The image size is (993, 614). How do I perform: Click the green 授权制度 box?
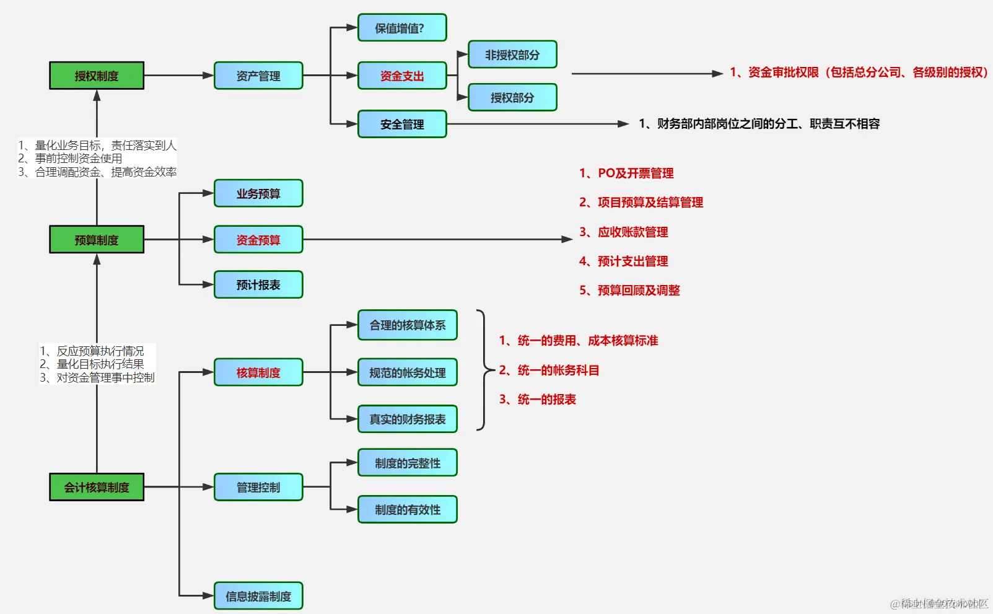(97, 76)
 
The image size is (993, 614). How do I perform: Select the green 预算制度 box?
(97, 239)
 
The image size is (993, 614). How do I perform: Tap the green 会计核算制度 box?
(97, 487)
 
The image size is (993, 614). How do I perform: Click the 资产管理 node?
(258, 76)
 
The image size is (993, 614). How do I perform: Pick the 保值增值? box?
(401, 28)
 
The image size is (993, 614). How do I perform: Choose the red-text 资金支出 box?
(401, 76)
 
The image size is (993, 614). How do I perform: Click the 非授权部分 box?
(512, 55)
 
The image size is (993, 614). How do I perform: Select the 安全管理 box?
(401, 124)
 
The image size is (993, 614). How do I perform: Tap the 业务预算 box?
(258, 193)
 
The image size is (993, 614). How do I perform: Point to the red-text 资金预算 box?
(258, 240)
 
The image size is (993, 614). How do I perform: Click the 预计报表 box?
(258, 285)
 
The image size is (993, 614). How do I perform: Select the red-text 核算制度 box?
(258, 372)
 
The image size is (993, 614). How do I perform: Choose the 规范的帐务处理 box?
(407, 372)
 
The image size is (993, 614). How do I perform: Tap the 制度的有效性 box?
(407, 509)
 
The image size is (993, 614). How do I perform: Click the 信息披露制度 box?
(258, 596)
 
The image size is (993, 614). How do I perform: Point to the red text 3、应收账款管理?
(623, 232)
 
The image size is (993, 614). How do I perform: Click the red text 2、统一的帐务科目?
(549, 370)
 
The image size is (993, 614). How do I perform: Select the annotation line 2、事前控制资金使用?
(70, 159)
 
